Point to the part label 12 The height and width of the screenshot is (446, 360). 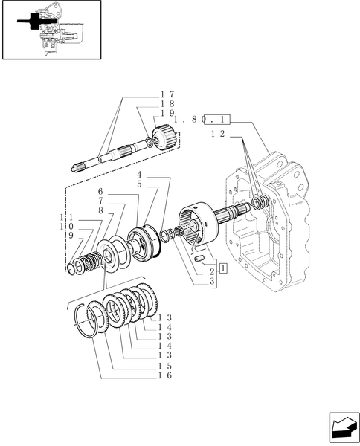[x=218, y=134]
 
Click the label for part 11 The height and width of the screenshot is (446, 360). [x=66, y=216]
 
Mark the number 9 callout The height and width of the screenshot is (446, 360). [x=70, y=234]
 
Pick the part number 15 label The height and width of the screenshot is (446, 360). [x=166, y=366]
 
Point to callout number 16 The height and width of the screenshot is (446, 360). [x=166, y=376]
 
